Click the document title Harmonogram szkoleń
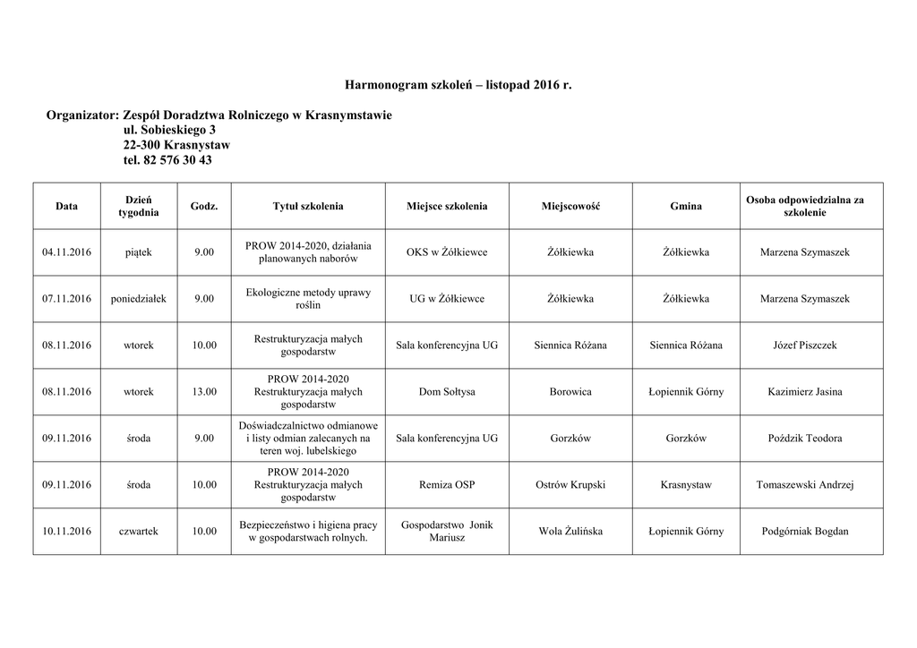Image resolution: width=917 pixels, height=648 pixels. pos(458,85)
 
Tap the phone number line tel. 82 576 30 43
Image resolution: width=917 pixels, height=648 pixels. pos(168,160)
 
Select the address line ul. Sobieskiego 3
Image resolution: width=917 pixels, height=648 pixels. pos(169,131)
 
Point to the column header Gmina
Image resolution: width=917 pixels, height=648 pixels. pos(686,207)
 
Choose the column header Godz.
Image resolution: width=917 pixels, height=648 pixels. pos(204,207)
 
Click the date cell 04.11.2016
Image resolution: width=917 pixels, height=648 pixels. pos(66,252)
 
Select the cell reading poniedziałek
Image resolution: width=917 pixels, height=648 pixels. pos(139,299)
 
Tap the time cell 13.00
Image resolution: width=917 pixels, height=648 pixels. pos(204,392)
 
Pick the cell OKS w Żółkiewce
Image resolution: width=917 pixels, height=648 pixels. pos(447,252)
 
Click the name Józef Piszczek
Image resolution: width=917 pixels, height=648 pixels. pos(805,345)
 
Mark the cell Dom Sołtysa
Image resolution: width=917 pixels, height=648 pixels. pos(447,392)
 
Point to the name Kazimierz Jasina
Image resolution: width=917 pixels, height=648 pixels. pos(805,392)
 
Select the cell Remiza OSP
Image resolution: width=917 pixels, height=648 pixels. pos(447,485)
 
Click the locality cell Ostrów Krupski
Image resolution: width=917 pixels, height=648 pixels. pos(570,485)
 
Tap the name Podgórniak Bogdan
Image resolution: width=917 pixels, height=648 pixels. pos(805,532)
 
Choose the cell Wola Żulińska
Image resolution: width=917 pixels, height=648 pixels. pos(570,532)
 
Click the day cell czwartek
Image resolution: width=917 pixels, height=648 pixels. pos(139,532)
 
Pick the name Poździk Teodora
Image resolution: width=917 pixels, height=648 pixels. pos(805,439)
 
